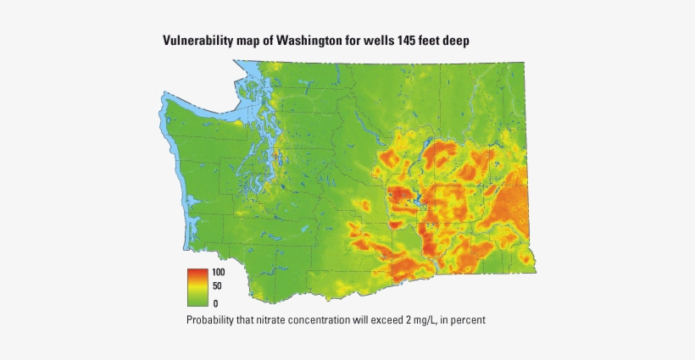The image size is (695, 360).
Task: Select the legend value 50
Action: coord(216,287)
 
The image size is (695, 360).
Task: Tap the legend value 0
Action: coord(215,302)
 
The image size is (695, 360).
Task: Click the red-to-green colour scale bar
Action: coord(197,287)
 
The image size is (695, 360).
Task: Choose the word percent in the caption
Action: coord(467,320)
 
